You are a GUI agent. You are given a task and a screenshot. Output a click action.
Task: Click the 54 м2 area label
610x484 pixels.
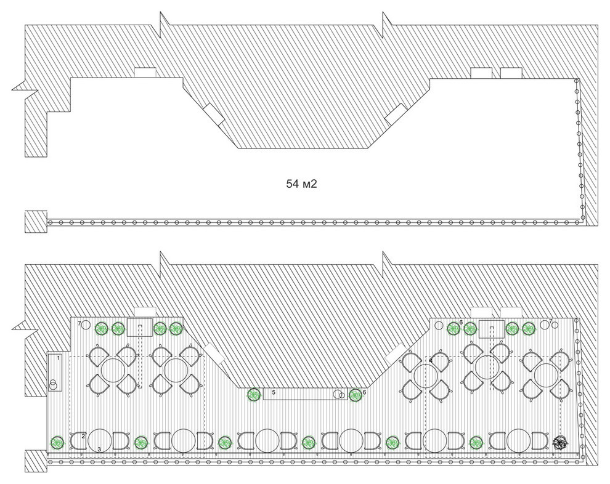tap(301, 184)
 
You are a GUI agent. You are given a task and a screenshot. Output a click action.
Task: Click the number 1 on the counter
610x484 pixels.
tap(59, 358)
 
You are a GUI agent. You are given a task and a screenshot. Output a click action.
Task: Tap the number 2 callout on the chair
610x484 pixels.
tap(83, 436)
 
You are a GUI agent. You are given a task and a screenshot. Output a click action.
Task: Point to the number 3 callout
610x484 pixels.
tap(99, 450)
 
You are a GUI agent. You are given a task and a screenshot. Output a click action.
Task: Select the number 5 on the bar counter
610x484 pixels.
tap(274, 393)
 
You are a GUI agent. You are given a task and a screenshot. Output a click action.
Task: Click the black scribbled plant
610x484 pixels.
tap(561, 443)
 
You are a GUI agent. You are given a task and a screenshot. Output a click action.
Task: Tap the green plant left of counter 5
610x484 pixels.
tap(254, 395)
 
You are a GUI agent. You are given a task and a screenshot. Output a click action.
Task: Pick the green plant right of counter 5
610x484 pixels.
tap(355, 395)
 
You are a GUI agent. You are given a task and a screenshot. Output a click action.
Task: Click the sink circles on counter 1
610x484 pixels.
tap(53, 384)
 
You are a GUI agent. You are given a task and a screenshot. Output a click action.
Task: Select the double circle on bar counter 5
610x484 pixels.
tap(340, 394)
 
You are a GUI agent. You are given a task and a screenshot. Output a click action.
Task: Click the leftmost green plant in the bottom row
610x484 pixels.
tap(58, 442)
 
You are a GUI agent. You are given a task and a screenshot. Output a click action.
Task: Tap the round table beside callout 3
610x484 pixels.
tap(100, 440)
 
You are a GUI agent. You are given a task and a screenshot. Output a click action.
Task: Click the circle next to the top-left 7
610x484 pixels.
tap(86, 325)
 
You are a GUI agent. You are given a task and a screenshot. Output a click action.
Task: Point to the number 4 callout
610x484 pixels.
tap(431, 361)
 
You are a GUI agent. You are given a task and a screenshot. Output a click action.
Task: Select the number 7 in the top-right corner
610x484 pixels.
tap(550, 321)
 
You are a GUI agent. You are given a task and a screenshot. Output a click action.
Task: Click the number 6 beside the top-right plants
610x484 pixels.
tap(461, 322)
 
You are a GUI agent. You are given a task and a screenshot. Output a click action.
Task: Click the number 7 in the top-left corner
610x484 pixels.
tap(79, 323)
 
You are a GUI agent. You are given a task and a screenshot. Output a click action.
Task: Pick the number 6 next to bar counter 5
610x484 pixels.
tap(364, 392)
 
